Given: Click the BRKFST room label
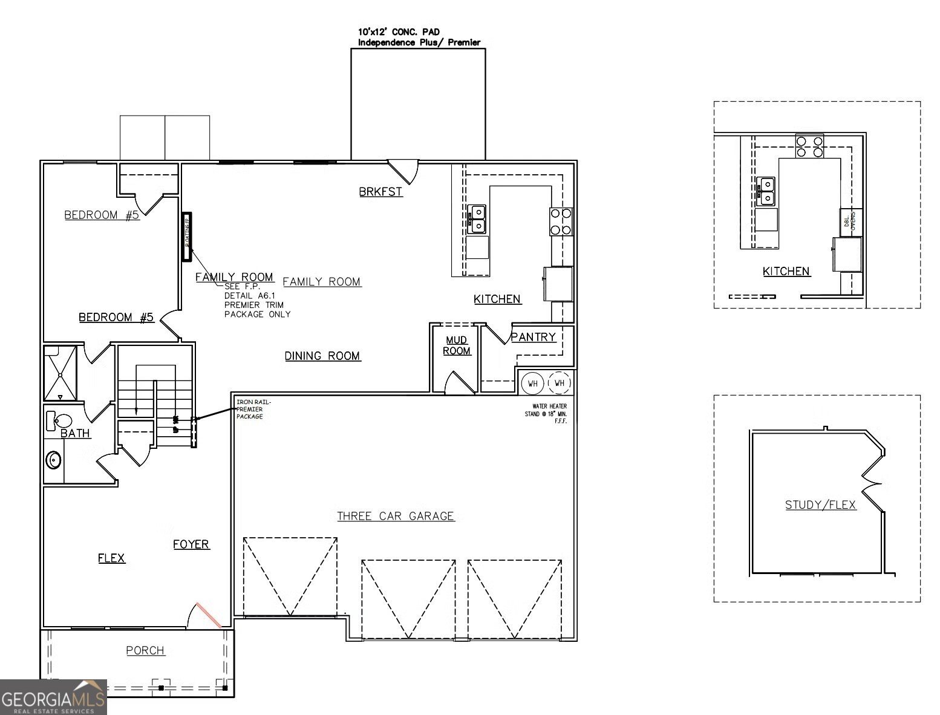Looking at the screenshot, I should coord(380,192).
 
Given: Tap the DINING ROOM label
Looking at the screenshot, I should coord(322,356).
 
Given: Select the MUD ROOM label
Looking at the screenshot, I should coord(457,345).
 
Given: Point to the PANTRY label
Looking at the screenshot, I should coord(533,337).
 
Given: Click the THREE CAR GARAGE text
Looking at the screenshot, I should coord(395,516).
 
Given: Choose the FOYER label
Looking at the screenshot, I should coord(191,544).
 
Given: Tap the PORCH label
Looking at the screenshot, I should coord(145,650).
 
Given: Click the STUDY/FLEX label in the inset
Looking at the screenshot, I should coord(820,504).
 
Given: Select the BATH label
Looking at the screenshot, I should coord(76,433).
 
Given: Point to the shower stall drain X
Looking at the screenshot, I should coord(60,374).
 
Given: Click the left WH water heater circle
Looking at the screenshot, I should coord(533,384).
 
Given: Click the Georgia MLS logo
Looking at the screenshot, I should coord(53,697).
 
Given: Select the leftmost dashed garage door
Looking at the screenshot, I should coord(290,576).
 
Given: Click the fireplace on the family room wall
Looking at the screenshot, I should coord(187,237).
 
